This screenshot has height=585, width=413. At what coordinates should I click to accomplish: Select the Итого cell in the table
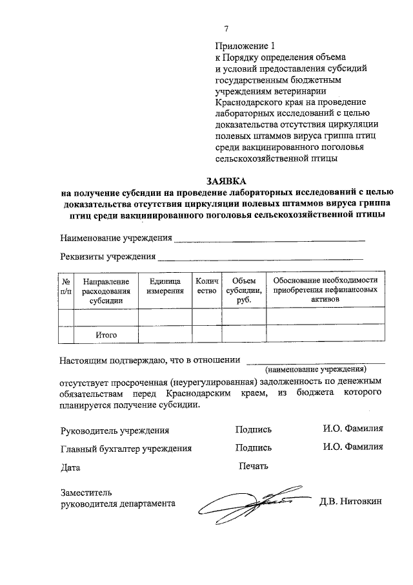106,335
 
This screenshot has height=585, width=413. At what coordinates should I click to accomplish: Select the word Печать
254,465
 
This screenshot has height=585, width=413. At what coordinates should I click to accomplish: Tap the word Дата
71,466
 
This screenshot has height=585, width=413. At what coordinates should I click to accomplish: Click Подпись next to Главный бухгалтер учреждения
254,447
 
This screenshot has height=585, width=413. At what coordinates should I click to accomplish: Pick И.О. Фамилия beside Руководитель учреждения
353,429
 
